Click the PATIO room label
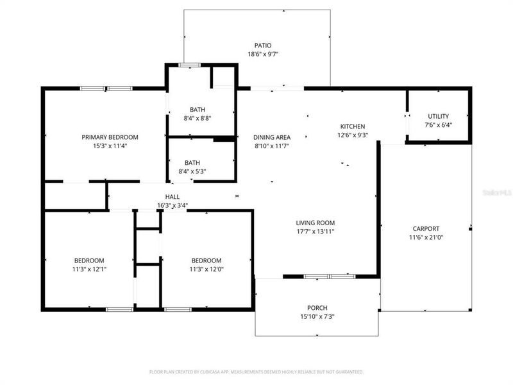(x=263, y=46)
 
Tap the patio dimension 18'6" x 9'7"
(x=263, y=55)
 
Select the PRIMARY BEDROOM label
(x=110, y=137)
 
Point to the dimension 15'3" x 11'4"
(x=110, y=146)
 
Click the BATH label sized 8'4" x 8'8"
(x=197, y=109)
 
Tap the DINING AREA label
(x=272, y=137)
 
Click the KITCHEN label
(x=353, y=126)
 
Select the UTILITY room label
(x=439, y=116)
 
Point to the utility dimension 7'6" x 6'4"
(x=439, y=125)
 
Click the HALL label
(x=172, y=197)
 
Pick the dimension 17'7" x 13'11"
(x=315, y=232)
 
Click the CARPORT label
(x=426, y=228)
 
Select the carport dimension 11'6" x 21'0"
(x=426, y=237)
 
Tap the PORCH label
(x=317, y=307)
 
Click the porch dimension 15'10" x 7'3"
(x=317, y=316)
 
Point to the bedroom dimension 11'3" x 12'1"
(x=89, y=269)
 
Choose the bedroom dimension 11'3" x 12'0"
(x=206, y=269)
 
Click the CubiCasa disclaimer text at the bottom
(x=256, y=372)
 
